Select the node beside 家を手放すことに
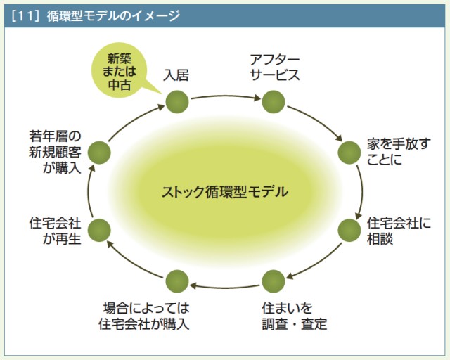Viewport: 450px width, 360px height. (349, 151)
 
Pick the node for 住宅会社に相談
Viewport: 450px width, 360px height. (349, 229)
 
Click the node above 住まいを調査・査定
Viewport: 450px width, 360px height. (273, 281)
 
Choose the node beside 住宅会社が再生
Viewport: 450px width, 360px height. (99, 229)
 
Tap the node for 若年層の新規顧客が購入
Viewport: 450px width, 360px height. (99, 151)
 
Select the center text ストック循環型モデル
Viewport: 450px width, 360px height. (224, 191)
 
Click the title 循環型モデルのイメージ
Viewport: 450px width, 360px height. (112, 16)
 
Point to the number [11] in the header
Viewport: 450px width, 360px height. (27, 16)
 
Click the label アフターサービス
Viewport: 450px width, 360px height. (275, 65)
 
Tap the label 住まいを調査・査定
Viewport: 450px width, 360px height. (293, 316)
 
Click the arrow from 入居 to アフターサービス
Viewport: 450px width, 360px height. (224, 97)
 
